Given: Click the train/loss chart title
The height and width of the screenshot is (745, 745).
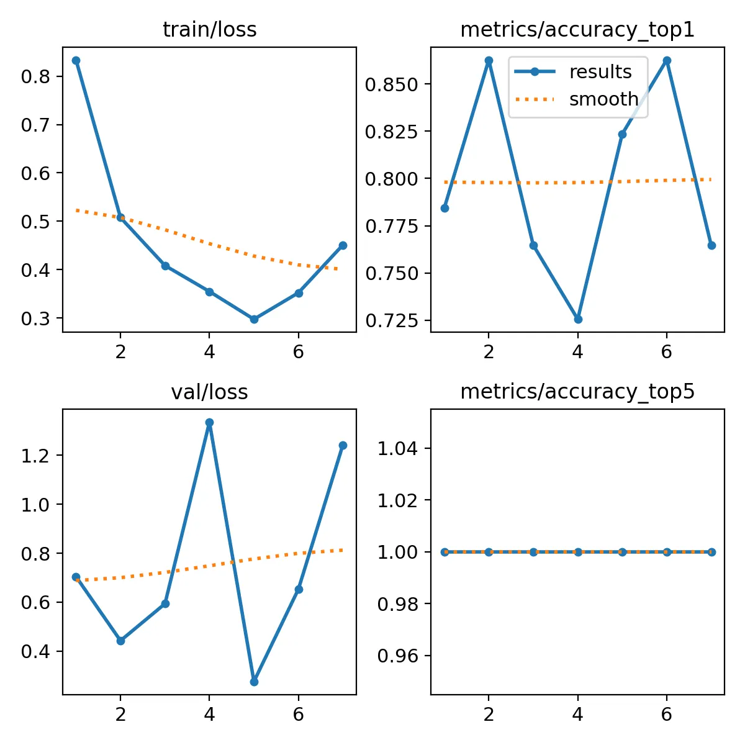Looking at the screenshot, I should (209, 30).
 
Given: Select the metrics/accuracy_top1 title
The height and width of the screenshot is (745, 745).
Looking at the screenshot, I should (577, 30).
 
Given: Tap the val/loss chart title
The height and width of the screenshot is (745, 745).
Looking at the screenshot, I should (209, 392).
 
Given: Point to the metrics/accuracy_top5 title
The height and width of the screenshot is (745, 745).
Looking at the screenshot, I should (577, 392).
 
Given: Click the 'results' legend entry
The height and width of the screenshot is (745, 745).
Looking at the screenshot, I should (600, 72).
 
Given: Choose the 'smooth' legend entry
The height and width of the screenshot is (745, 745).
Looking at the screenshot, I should (603, 99).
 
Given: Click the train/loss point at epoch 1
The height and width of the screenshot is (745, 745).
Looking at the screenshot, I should (76, 60).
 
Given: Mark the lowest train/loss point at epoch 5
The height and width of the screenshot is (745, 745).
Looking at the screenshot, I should (254, 319).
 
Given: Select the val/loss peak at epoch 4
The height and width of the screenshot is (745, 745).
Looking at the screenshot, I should (210, 423).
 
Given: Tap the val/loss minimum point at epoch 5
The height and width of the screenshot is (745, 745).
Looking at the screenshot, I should (254, 682).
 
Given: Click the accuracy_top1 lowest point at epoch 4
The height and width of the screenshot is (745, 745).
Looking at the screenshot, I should (578, 319).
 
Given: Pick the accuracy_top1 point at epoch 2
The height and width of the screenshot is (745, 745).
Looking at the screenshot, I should (489, 60).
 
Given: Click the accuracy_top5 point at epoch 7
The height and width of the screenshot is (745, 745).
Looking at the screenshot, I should (711, 552).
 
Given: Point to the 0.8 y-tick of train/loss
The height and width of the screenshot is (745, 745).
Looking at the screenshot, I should (36, 76).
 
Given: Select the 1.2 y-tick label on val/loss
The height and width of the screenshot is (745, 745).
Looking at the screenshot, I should (36, 456).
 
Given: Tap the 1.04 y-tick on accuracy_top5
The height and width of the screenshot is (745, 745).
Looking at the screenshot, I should (397, 448).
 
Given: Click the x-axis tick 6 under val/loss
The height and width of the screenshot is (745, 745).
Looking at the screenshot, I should (299, 715).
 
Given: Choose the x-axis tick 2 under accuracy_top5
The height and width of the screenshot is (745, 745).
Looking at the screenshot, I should (489, 715).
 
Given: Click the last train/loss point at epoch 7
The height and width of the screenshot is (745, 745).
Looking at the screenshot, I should (343, 245).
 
